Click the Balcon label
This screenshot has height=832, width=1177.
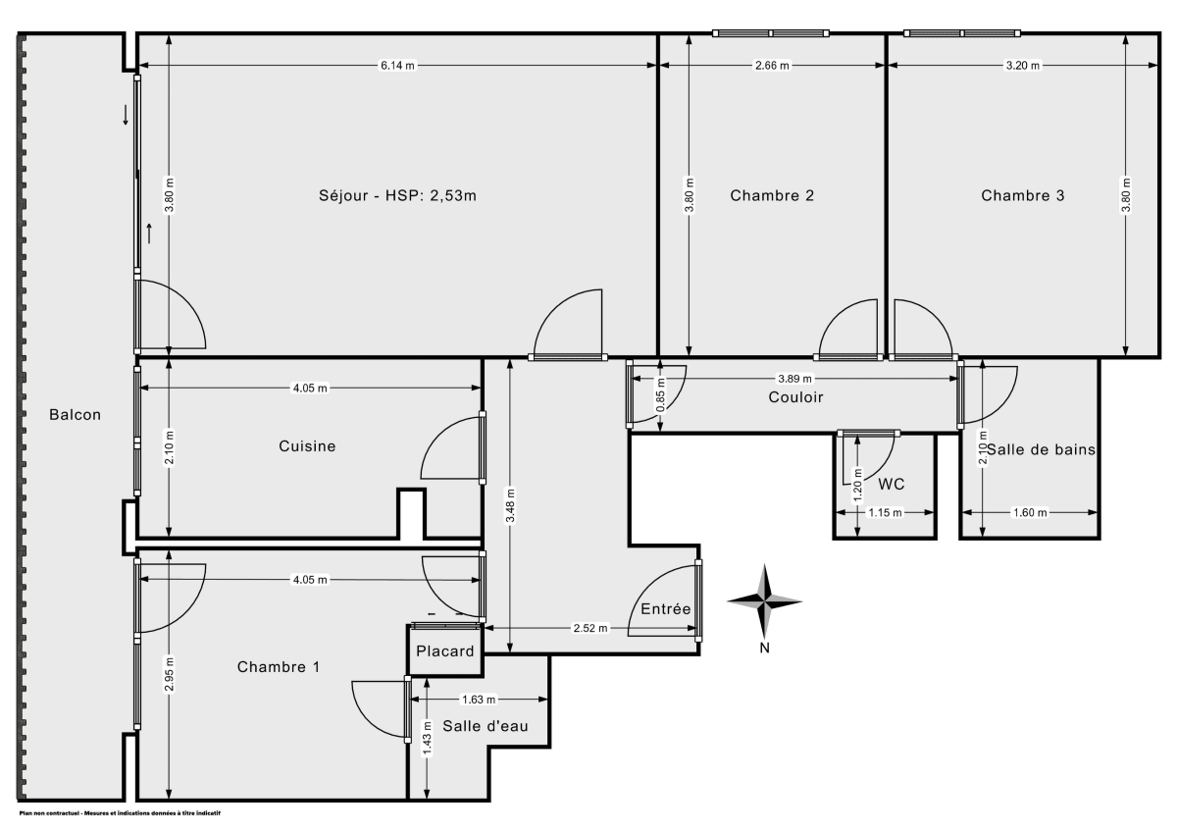[x=76, y=415]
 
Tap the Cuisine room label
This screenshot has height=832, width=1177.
[x=307, y=446]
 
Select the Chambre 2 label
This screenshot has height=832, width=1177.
[x=772, y=195]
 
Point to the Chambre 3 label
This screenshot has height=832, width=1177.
[x=1023, y=195]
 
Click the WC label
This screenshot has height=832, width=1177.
[x=892, y=484]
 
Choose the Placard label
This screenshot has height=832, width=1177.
[x=445, y=650]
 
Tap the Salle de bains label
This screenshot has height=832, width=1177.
[x=1041, y=449]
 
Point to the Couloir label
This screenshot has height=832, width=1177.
[x=795, y=397]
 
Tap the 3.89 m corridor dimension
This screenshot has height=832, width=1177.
[x=794, y=379]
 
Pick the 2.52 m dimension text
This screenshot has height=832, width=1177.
[x=590, y=628]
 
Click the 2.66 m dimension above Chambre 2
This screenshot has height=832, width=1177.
[x=772, y=66]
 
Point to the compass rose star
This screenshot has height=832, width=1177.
[x=764, y=600]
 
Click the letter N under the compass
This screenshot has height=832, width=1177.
[x=765, y=647]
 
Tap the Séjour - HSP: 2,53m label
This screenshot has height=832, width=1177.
[x=397, y=195]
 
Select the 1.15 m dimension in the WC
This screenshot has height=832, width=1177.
[x=884, y=512]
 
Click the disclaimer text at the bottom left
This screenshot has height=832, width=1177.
[x=120, y=813]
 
